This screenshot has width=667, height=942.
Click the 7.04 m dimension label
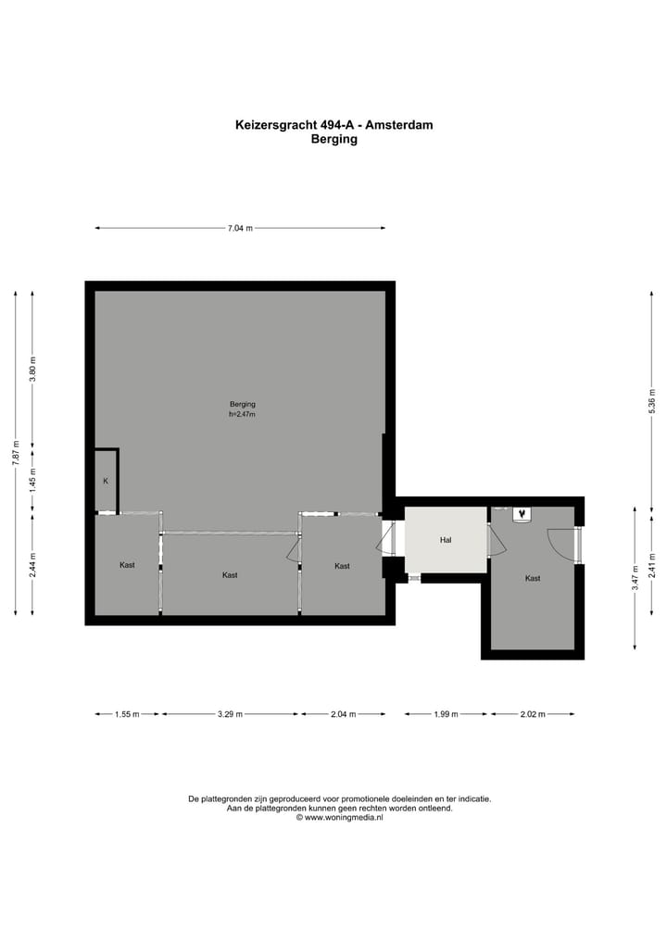click(x=241, y=229)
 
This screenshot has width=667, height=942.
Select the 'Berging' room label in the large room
click(x=243, y=404)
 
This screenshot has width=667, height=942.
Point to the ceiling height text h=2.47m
click(x=243, y=415)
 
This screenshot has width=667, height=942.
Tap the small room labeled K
click(x=106, y=481)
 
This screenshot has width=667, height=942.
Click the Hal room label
click(x=446, y=540)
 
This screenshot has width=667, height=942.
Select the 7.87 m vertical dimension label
click(x=15, y=459)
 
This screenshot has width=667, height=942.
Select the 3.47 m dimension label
click(x=635, y=577)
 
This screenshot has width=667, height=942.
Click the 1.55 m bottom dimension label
click(x=127, y=714)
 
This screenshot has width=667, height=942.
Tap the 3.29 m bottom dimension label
click(x=230, y=714)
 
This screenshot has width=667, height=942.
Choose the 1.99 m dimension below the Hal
click(x=447, y=714)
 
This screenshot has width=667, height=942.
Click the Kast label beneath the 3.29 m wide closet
click(x=230, y=575)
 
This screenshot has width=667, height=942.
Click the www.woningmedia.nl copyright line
click(x=339, y=818)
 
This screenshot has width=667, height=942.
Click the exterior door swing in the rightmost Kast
click(x=561, y=542)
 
